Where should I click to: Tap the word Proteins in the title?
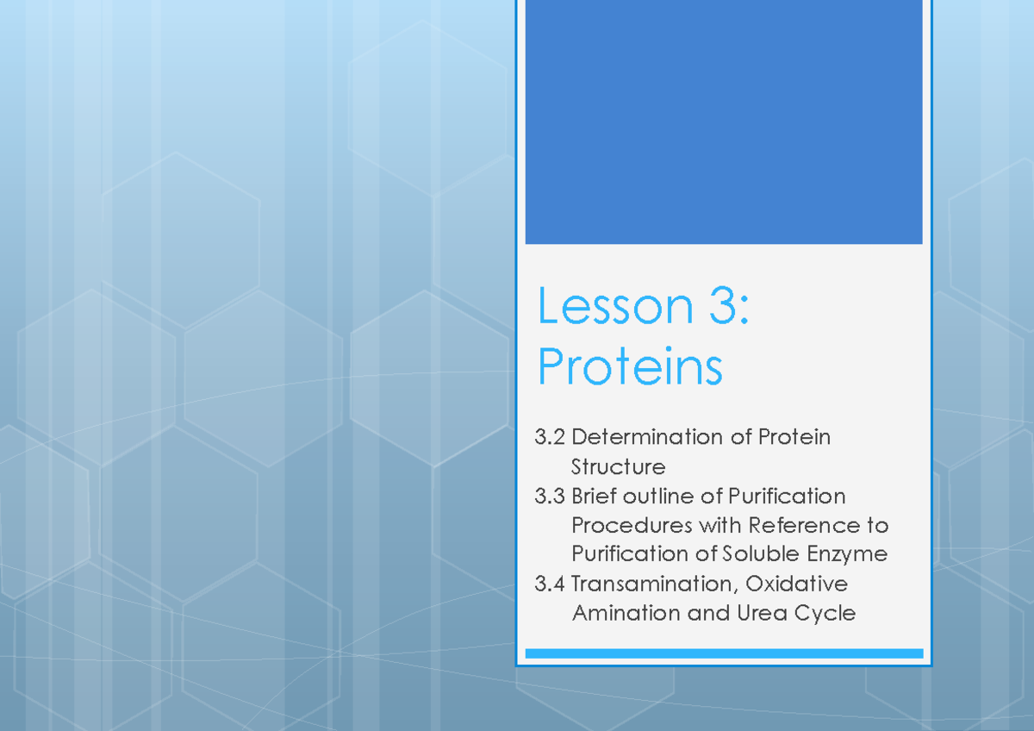pyautogui.click(x=630, y=367)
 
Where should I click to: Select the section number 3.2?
pyautogui.click(x=550, y=438)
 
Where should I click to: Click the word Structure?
pyautogui.click(x=618, y=467)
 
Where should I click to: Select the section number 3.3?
pyautogui.click(x=550, y=497)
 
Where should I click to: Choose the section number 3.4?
pyautogui.click(x=550, y=584)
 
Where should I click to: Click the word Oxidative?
pyautogui.click(x=796, y=584)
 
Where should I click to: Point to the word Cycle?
pyautogui.click(x=825, y=614)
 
